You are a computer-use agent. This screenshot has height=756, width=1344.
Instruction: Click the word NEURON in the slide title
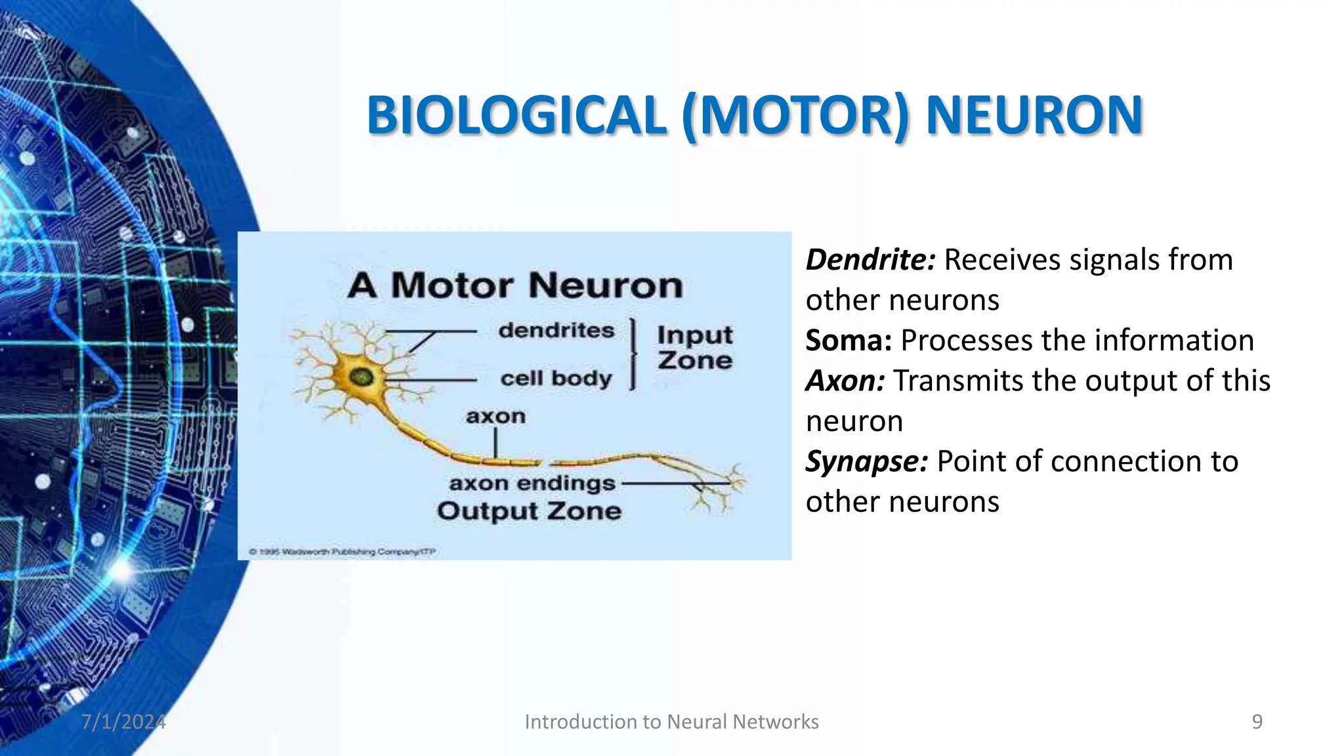tap(1034, 115)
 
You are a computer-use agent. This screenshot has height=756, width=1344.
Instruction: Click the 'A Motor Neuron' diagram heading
tap(515, 285)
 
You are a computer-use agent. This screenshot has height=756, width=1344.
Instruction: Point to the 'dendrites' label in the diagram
tap(556, 330)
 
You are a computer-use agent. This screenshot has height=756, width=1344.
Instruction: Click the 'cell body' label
tap(556, 379)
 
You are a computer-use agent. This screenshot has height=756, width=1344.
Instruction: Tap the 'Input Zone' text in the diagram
tap(695, 348)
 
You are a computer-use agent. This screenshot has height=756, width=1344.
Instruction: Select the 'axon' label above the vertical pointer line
tap(495, 416)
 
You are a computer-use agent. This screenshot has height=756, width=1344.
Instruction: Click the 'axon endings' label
tap(532, 484)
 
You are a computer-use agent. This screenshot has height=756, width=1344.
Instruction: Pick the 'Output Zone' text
tap(529, 511)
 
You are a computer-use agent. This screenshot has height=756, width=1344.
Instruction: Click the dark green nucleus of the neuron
tap(360, 377)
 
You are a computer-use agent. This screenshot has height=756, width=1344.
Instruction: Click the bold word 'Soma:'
tap(849, 341)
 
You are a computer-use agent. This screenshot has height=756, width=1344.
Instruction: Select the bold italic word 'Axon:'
tap(845, 381)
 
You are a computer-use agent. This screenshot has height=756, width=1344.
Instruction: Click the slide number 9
tap(1257, 722)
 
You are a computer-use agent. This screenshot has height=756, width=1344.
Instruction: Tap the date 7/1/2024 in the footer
tap(123, 722)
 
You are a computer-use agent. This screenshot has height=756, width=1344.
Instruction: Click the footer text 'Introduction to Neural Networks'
tap(671, 722)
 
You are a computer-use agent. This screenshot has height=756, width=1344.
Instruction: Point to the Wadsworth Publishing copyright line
tap(342, 552)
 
